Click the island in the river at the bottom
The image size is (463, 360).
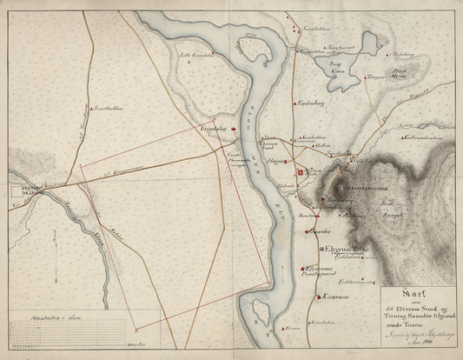(258, 310)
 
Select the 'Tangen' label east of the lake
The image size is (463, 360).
(374, 77)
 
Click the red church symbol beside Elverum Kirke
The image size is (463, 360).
(320, 249)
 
